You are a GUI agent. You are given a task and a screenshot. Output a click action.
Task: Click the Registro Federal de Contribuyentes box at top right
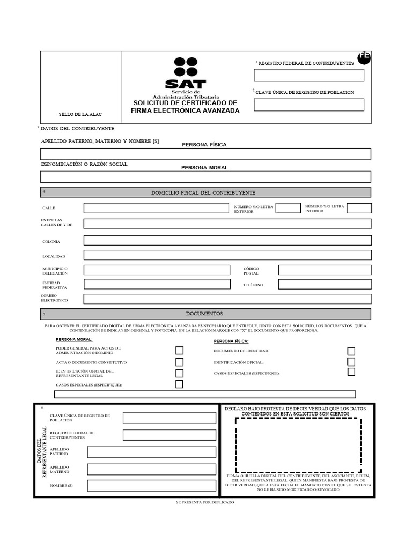point(308,75)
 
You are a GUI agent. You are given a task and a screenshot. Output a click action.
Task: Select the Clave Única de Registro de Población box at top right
point(308,105)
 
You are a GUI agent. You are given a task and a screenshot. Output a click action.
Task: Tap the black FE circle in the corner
point(364,57)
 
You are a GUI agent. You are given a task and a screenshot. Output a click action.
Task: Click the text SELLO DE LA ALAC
point(80,115)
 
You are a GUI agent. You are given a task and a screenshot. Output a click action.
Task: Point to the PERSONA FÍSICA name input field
point(205,154)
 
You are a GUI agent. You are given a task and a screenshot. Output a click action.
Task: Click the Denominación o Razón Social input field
point(205,177)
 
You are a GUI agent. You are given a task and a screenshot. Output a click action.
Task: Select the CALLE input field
point(156,208)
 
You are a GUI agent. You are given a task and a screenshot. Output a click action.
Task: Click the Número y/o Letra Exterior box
point(288,208)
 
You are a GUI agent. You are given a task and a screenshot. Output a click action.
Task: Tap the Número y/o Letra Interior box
point(359,208)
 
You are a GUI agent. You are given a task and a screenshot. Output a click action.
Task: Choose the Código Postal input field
point(325,270)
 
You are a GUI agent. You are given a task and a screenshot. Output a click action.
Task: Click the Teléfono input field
point(325,284)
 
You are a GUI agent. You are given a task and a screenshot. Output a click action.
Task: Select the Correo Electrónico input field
point(227,299)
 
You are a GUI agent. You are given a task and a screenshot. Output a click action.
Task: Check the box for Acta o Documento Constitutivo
point(180,362)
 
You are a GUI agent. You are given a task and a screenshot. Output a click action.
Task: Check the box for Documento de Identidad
point(351,352)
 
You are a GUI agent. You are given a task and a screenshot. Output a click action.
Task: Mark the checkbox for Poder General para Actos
point(180,351)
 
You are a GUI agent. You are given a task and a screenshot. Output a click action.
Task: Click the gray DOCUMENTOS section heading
point(205,314)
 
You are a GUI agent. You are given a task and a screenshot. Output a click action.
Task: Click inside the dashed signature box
point(298,445)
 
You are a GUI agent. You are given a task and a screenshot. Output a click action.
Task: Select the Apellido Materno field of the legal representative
point(152,470)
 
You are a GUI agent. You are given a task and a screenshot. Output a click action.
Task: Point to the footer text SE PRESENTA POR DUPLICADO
point(205,502)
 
